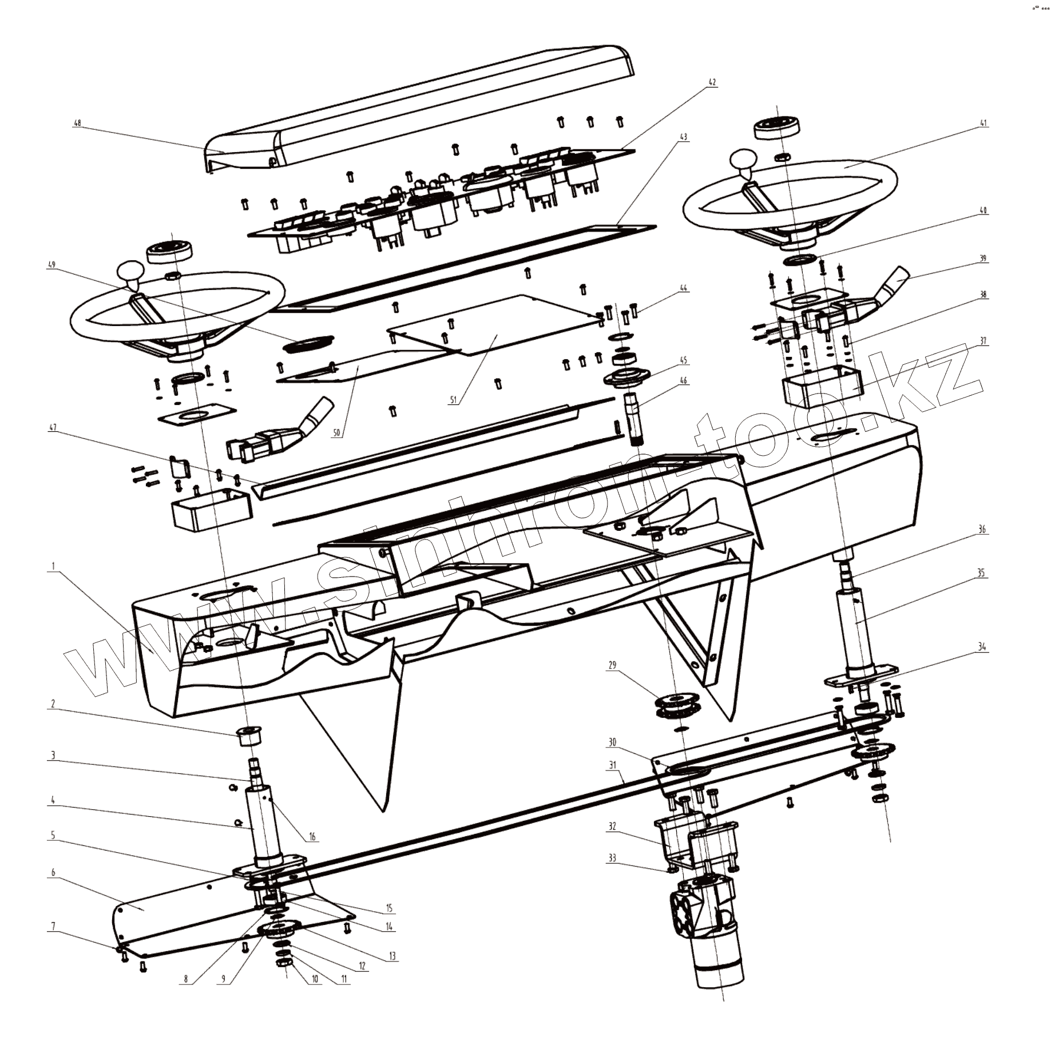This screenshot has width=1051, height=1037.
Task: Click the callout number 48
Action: tap(78, 123)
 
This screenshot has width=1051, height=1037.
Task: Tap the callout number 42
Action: tap(712, 82)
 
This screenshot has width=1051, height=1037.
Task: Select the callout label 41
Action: tap(983, 123)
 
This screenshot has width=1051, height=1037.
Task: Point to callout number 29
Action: tap(613, 666)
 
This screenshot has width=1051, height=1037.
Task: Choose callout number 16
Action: tap(312, 837)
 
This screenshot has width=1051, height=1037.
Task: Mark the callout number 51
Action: tap(453, 401)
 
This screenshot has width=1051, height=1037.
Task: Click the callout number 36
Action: tap(982, 530)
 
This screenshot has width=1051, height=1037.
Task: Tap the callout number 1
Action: tap(53, 566)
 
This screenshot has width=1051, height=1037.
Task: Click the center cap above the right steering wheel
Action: tap(776, 127)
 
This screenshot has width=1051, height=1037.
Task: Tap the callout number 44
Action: tap(684, 289)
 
